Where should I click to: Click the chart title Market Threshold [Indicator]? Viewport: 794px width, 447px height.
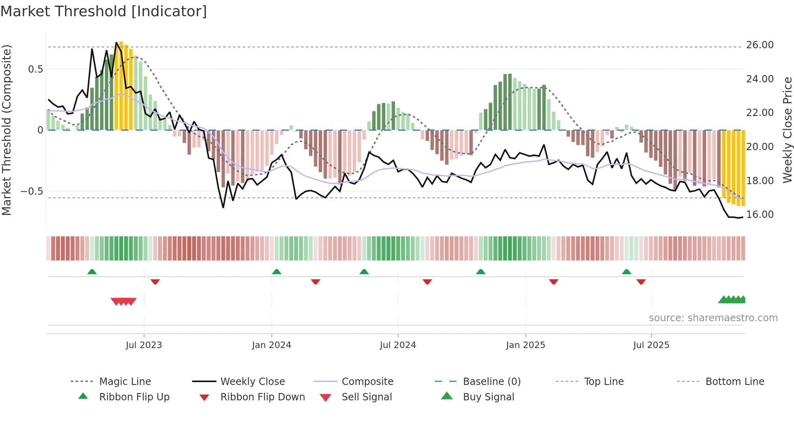[x=104, y=11]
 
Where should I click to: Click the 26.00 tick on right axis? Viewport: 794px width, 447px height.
[x=760, y=45]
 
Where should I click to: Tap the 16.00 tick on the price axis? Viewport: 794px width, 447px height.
[x=760, y=215]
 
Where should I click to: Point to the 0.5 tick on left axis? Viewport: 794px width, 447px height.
[x=35, y=69]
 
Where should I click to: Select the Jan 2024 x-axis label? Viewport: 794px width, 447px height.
[x=271, y=345]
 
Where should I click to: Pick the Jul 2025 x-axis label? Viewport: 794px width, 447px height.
[x=651, y=345]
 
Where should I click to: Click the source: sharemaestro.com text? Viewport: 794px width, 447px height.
[x=713, y=318]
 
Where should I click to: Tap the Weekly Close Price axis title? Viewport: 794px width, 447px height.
[x=787, y=130]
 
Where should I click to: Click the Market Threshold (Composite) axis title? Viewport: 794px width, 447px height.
[x=7, y=130]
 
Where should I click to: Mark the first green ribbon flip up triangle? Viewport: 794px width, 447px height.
[x=92, y=272]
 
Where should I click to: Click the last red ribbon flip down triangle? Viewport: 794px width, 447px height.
[x=641, y=282]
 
